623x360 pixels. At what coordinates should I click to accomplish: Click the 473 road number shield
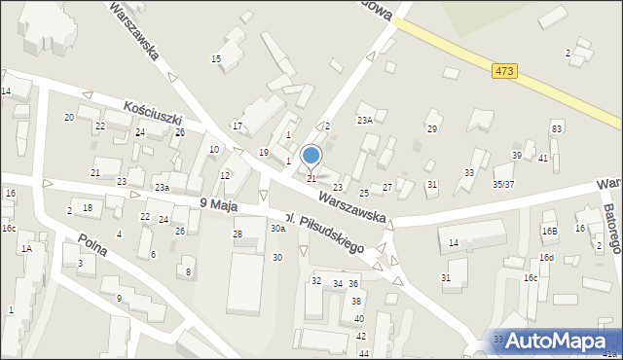pyautogui.click(x=503, y=71)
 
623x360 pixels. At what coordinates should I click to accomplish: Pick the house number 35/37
pyautogui.click(x=503, y=183)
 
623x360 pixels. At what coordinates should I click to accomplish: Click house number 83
pyautogui.click(x=556, y=129)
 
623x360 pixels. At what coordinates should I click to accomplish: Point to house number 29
pyautogui.click(x=432, y=128)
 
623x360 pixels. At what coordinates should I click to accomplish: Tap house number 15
pyautogui.click(x=216, y=59)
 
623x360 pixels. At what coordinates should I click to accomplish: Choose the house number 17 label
pyautogui.click(x=237, y=126)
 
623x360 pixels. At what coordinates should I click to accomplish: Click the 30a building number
pyautogui.click(x=277, y=229)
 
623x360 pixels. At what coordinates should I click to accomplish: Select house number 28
pyautogui.click(x=237, y=234)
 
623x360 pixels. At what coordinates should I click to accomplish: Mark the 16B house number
pyautogui.click(x=550, y=232)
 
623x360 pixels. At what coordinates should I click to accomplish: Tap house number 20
pyautogui.click(x=69, y=118)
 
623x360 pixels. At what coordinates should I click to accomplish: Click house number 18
pyautogui.click(x=88, y=208)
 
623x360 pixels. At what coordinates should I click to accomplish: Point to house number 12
pyautogui.click(x=225, y=176)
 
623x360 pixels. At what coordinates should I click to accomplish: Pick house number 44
pyautogui.click(x=364, y=353)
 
